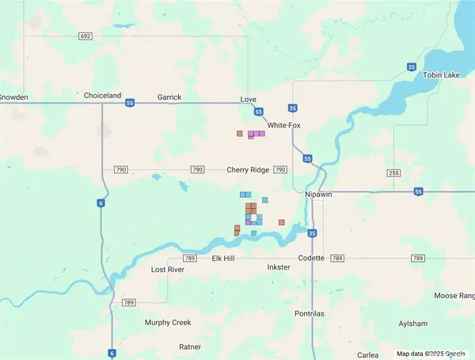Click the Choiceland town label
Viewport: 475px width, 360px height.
[x=103, y=96]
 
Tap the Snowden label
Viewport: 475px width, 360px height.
[x=14, y=97]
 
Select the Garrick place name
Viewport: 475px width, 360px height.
[x=169, y=97]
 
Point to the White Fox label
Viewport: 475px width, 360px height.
[x=285, y=126]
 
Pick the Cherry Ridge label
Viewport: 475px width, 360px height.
[x=248, y=170]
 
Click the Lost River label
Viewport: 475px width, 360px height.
[x=167, y=270]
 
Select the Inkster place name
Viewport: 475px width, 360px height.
[x=279, y=267]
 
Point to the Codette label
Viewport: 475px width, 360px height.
[x=312, y=259]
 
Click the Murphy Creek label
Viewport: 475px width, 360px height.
[x=168, y=323]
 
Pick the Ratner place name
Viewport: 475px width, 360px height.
[x=190, y=347]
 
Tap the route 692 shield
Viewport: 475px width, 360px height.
[x=85, y=36]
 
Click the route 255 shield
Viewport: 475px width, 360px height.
[x=394, y=172]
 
